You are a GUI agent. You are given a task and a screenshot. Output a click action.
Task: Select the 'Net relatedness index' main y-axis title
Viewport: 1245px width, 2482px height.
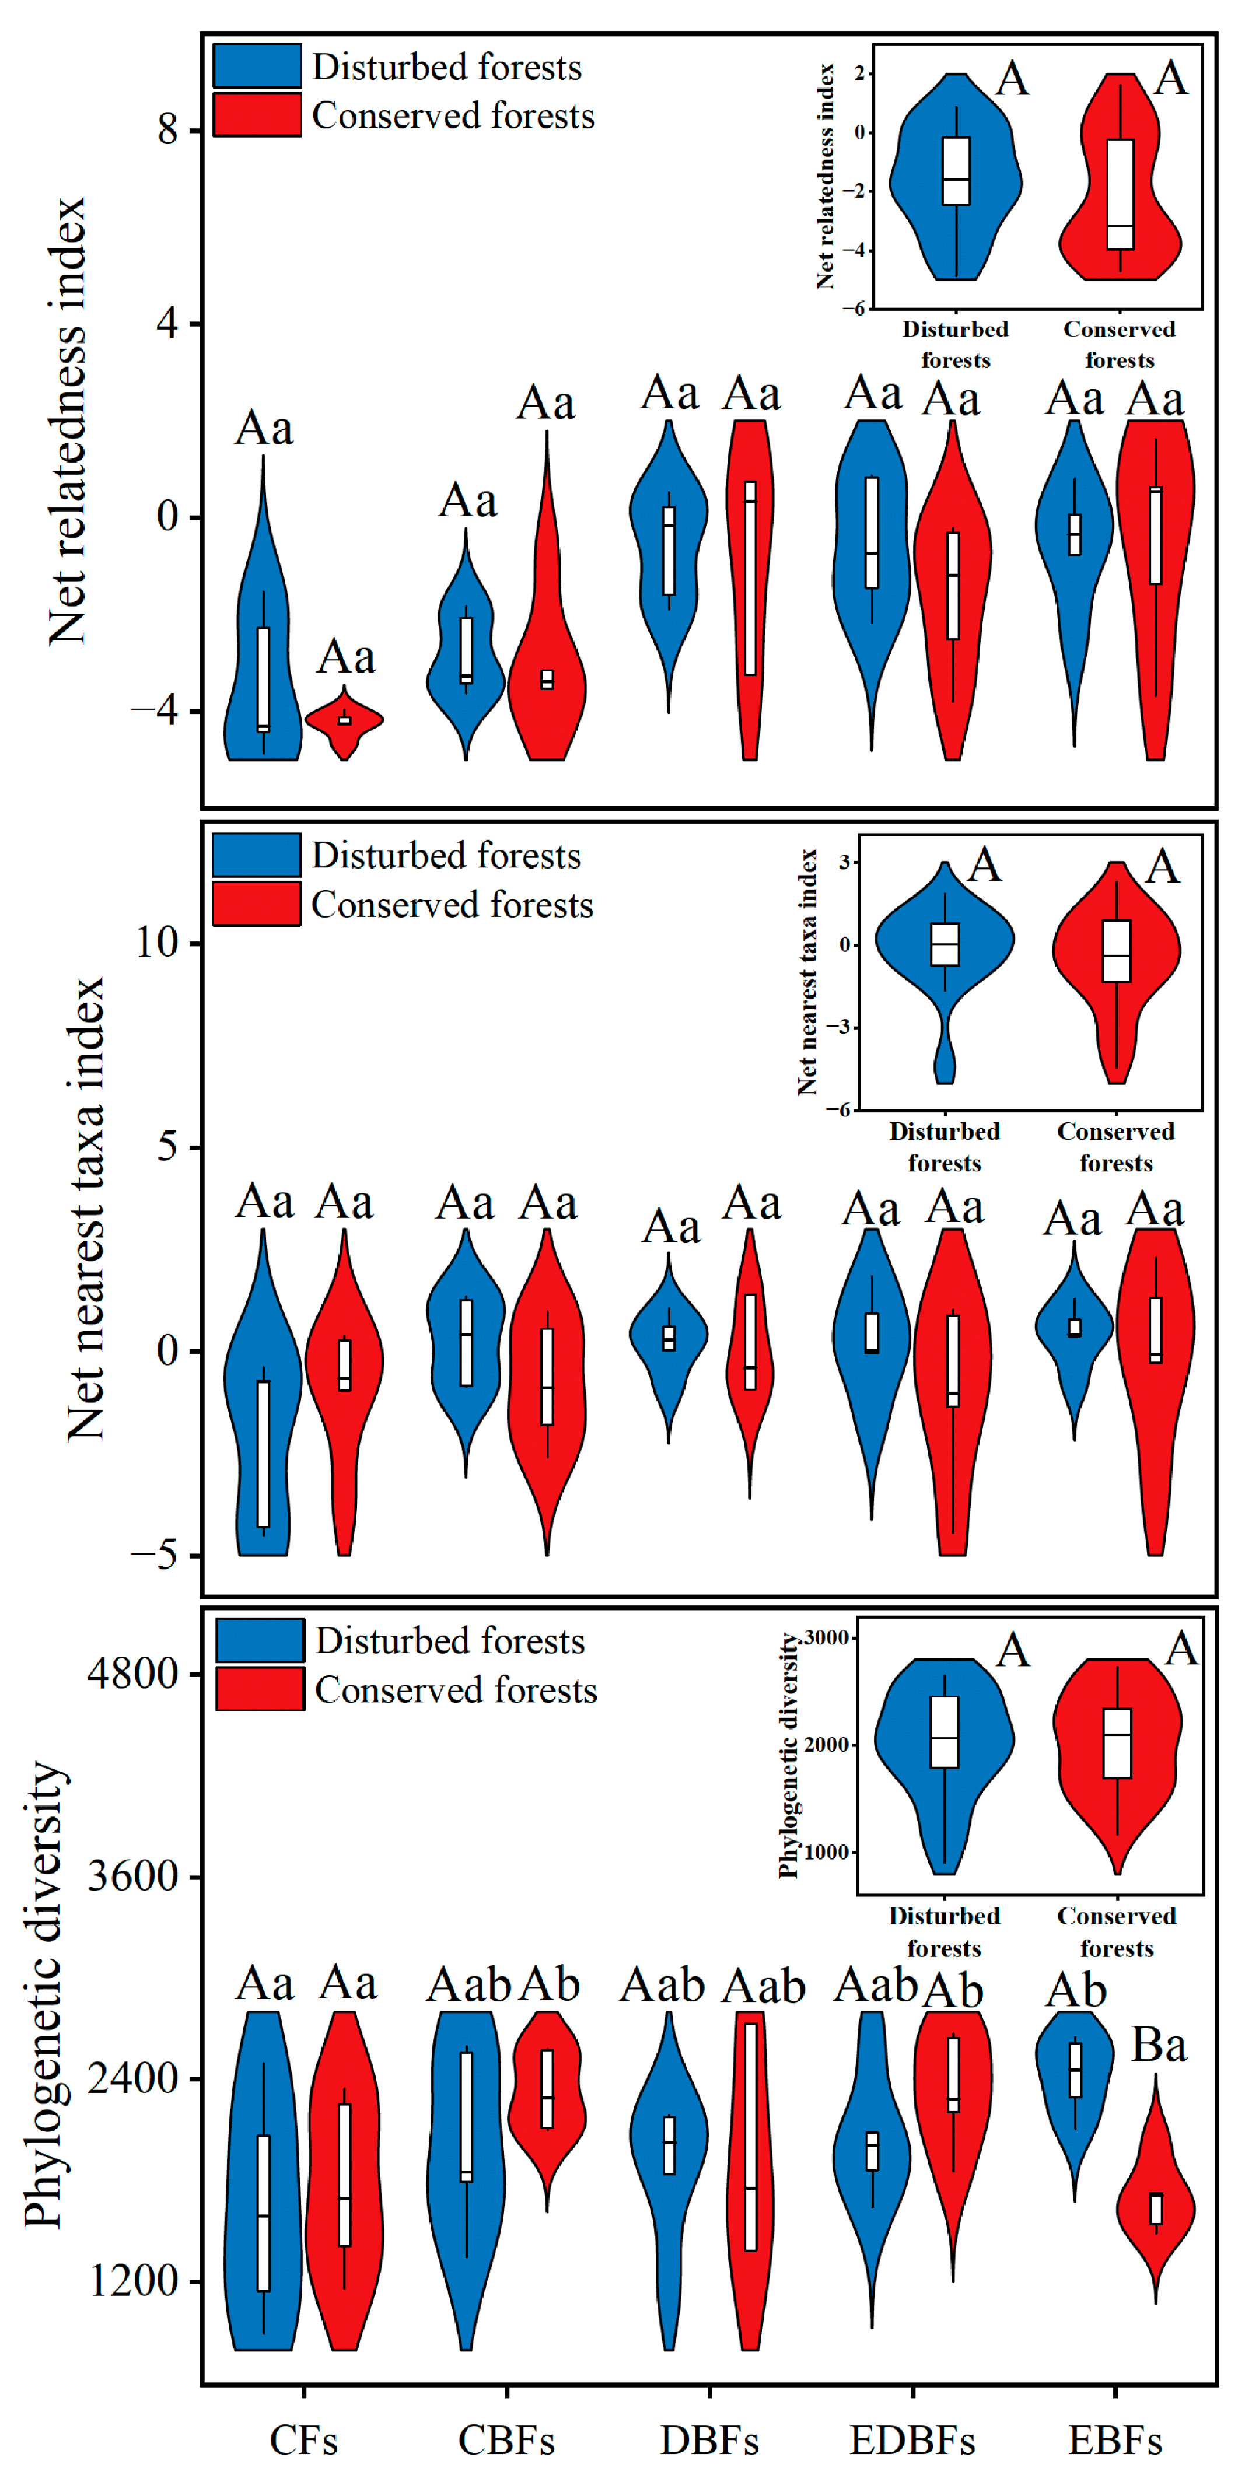click(68, 421)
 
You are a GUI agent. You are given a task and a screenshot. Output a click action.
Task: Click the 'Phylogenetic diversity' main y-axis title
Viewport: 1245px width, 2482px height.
click(43, 1994)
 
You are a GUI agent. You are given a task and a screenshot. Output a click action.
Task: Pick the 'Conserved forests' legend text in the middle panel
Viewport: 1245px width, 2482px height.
click(452, 905)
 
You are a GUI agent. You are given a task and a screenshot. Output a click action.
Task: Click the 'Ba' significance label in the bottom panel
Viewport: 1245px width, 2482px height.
click(1157, 2046)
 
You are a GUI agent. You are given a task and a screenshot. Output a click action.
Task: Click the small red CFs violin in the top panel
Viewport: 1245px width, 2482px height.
click(344, 720)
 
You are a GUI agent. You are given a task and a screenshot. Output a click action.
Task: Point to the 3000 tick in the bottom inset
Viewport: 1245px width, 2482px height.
click(827, 1637)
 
